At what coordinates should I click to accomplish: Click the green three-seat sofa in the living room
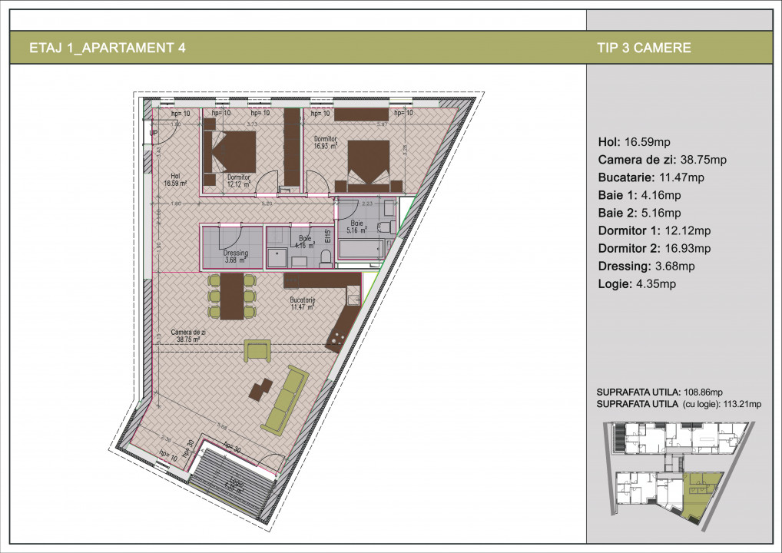285,399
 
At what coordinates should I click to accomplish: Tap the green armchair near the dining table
257,350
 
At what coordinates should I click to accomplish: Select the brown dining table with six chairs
231,296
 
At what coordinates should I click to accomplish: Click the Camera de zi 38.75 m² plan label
186,335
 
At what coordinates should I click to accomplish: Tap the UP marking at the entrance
153,133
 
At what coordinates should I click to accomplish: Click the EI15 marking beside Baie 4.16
327,237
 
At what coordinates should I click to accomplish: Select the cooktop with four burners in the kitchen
337,337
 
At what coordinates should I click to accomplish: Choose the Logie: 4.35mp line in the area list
636,284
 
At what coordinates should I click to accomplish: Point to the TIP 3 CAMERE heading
643,48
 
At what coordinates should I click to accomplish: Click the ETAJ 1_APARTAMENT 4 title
107,48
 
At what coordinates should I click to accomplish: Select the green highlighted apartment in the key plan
700,495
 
